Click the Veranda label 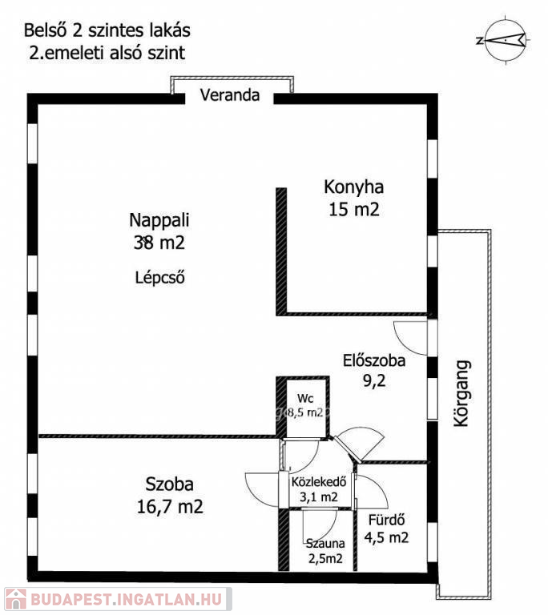(x=230, y=95)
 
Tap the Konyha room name (x=353, y=187)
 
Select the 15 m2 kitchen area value (x=354, y=209)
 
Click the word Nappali (x=159, y=221)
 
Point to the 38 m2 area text (x=159, y=243)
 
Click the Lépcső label (x=160, y=277)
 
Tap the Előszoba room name (x=374, y=360)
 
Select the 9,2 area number (x=374, y=380)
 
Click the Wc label (x=305, y=399)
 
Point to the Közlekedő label (x=319, y=481)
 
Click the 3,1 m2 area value (x=319, y=497)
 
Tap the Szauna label (x=325, y=543)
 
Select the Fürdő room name (x=386, y=520)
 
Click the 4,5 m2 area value (x=386, y=537)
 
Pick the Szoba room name (x=170, y=484)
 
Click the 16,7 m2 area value (x=170, y=507)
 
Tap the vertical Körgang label (x=461, y=393)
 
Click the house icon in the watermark (x=16, y=599)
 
